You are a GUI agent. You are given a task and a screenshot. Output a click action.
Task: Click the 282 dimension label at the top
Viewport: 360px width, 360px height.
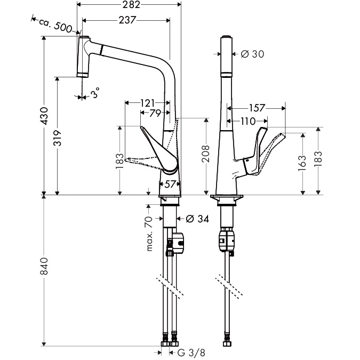point(131,5)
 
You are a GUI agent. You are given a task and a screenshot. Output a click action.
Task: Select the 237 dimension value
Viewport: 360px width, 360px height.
point(127,20)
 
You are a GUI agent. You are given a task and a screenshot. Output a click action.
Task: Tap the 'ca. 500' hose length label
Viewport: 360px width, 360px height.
point(55,25)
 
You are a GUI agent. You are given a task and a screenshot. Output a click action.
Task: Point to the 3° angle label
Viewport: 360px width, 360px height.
point(95,93)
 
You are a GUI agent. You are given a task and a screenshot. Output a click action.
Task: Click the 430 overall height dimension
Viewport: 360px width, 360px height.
point(44,116)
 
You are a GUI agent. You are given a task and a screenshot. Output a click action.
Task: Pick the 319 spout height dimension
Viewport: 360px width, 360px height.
point(58,138)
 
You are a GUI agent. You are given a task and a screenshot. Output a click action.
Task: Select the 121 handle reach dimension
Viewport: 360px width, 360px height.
point(147,103)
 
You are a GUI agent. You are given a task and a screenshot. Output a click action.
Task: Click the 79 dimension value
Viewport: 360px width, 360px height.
point(155,113)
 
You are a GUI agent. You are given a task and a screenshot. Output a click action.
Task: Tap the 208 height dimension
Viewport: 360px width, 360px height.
point(206,154)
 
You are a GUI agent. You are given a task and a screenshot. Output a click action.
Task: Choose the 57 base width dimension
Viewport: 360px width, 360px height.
point(170,184)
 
